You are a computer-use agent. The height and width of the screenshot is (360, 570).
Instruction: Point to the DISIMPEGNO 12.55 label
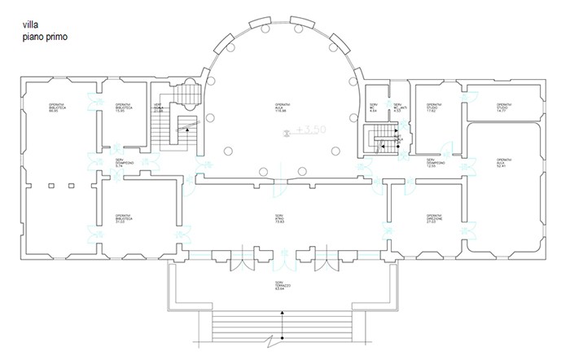pyautogui.click(x=435, y=164)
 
